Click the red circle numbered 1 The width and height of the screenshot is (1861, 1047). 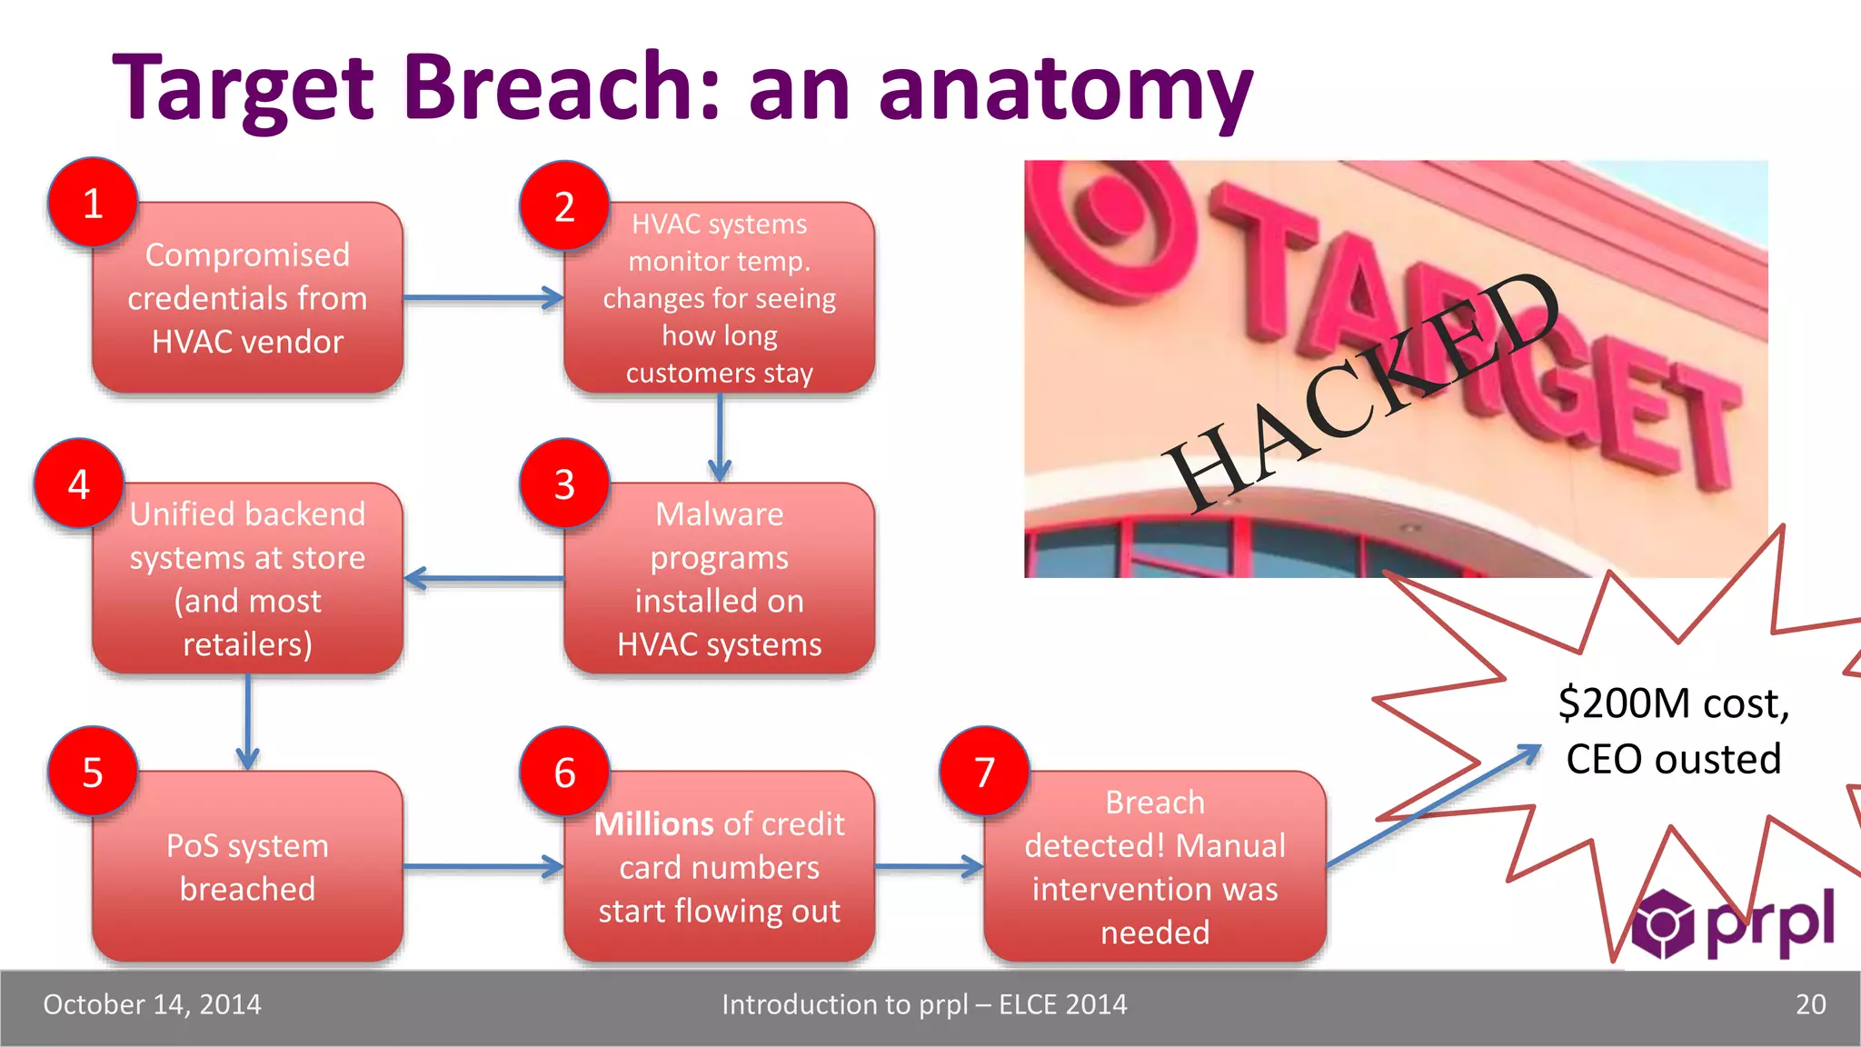93,203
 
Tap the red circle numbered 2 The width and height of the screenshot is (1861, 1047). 564,206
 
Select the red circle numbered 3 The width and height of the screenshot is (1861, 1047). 564,484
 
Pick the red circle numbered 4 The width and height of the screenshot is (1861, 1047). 79,484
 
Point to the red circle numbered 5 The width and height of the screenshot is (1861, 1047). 93,772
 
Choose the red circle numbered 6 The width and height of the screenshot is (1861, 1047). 564,772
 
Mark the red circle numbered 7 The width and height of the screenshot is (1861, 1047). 984,772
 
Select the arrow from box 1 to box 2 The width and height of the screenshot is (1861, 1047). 483,297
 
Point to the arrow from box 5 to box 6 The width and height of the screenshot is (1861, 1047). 483,867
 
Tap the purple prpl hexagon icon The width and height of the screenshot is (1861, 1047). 1663,923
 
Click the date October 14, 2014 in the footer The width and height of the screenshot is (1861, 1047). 152,1004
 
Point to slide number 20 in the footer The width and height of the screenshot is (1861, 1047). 1810,1004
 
